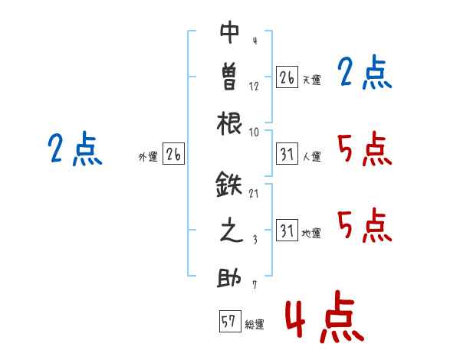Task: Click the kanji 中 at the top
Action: (230, 32)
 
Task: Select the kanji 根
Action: (230, 122)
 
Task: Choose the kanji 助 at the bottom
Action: (230, 278)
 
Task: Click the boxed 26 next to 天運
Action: (287, 78)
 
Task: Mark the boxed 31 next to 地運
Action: (287, 232)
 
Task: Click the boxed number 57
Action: (228, 322)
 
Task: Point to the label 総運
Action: (255, 325)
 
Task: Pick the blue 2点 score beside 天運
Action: (364, 74)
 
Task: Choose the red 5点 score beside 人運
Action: (364, 149)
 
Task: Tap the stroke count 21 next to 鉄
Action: (254, 193)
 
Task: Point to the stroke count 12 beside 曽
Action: (254, 86)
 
